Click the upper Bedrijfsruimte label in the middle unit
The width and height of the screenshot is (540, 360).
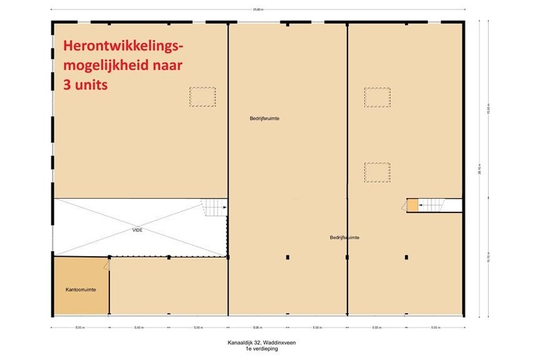click(264, 118)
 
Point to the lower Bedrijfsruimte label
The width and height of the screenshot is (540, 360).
click(344, 237)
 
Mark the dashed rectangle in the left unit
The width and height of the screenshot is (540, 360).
click(203, 96)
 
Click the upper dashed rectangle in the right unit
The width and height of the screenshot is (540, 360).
click(377, 98)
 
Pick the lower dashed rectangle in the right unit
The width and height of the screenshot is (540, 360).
click(377, 172)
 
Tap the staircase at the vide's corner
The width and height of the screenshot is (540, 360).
click(214, 207)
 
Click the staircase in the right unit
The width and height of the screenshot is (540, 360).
click(433, 205)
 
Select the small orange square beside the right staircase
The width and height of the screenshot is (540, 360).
click(413, 205)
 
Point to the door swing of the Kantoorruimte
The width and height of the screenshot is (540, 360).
click(105, 264)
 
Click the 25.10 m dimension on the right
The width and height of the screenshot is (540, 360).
click(489, 174)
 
